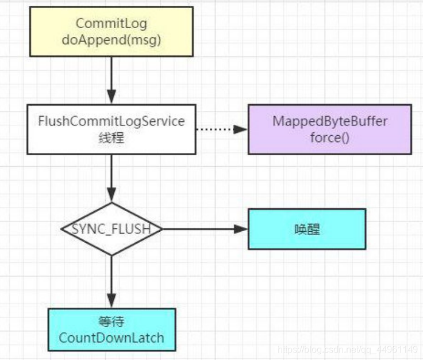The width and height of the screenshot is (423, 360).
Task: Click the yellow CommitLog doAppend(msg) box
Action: click(111, 32)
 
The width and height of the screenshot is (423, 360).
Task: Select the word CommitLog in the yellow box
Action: click(111, 24)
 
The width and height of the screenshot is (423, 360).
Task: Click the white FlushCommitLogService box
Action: click(111, 129)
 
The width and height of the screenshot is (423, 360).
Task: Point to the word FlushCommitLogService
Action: click(111, 121)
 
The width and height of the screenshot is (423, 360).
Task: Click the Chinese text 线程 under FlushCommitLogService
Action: click(111, 138)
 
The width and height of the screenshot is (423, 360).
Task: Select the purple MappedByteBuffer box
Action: click(329, 129)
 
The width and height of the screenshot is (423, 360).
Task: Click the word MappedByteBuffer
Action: click(329, 121)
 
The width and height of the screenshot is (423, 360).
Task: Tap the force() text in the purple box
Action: click(329, 138)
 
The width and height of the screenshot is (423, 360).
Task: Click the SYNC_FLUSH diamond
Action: click(111, 229)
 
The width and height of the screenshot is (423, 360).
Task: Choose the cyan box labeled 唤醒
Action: click(306, 229)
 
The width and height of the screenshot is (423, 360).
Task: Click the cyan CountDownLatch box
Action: click(111, 330)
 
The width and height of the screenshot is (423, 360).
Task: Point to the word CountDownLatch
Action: click(111, 338)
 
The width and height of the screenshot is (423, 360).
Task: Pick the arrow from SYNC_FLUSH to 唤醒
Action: click(204, 229)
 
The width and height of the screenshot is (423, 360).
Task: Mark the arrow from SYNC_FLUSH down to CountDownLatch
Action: click(111, 282)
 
